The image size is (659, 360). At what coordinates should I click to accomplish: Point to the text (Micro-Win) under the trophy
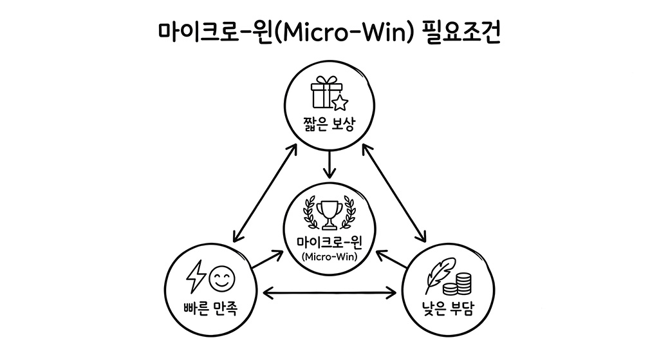tap(329, 256)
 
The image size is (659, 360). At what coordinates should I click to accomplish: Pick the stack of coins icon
tap(461, 283)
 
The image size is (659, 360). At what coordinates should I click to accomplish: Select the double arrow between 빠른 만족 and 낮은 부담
tap(329, 294)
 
